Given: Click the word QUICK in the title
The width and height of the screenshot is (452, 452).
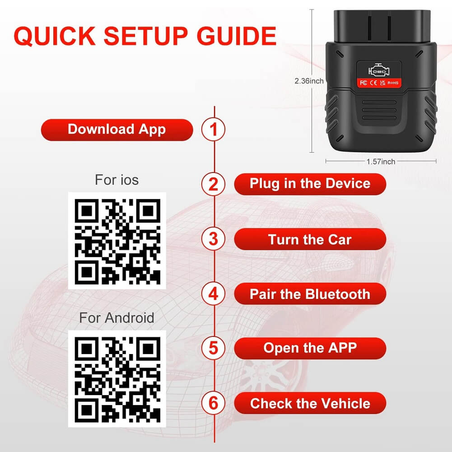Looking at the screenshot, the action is coord(55,36).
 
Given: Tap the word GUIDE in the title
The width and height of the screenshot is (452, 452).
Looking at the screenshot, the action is coord(237,36).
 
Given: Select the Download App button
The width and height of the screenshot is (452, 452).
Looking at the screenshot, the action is coord(117,130).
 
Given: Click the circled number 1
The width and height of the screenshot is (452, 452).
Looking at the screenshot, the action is coord(213,129).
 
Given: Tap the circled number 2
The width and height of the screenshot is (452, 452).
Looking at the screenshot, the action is coord(213,184).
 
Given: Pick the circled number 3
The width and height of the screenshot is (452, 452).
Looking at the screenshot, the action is coord(213,239).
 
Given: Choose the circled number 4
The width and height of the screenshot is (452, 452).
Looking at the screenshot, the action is coord(213,294).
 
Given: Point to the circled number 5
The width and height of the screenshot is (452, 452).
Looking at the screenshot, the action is coord(213,348).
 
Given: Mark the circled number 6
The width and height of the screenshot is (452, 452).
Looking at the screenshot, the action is coord(213,403).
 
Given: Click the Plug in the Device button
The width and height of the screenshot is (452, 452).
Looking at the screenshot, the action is coord(310,184).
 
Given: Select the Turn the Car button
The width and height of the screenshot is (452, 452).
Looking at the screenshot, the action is coord(310,239).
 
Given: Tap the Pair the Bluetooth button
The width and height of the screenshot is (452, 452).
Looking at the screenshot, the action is coord(310,294).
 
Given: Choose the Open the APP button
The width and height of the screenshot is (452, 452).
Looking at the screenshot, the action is coord(310,348).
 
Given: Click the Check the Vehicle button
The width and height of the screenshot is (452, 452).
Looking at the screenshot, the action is coord(310,403).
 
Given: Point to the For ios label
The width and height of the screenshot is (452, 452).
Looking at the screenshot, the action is coord(117,180).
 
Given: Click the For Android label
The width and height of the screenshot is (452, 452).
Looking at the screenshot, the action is coord(117,318).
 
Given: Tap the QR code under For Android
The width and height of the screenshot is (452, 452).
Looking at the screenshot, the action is coord(117,379).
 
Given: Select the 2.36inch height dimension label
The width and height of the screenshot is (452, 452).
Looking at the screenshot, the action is coord(309,81).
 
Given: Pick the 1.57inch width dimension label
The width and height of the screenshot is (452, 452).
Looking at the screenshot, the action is coord(381,162).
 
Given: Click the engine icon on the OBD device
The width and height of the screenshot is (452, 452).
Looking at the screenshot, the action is coord(379,70).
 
